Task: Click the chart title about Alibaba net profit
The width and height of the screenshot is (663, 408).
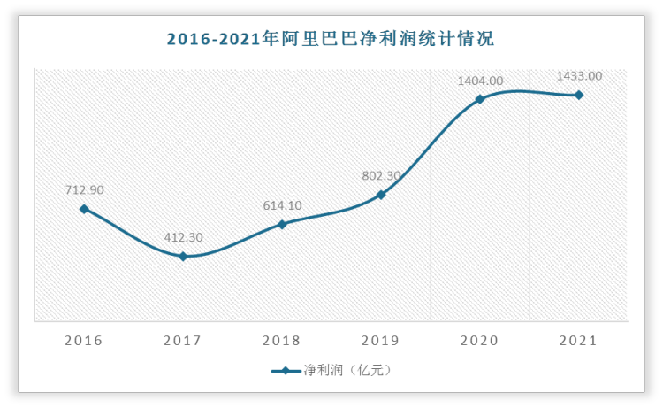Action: (331, 38)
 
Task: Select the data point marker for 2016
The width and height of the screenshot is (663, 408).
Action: (84, 209)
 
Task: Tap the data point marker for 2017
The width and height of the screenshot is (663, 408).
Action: (183, 257)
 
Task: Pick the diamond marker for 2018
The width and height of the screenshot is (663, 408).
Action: (282, 224)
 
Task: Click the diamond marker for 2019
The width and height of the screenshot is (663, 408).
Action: (381, 195)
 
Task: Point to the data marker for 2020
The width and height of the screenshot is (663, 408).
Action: (480, 99)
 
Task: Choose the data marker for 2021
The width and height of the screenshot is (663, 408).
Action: (579, 95)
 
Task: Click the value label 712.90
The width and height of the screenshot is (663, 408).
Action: (84, 190)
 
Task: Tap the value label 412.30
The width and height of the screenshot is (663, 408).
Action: (183, 237)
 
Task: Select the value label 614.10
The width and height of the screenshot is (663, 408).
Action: (282, 205)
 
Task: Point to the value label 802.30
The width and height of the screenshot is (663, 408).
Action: (381, 176)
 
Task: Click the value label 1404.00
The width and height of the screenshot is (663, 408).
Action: (480, 81)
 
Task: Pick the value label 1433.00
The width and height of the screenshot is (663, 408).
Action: (579, 76)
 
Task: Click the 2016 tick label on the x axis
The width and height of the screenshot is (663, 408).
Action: (84, 341)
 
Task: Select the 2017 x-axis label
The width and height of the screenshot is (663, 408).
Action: (183, 341)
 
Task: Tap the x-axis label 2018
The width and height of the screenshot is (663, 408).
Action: (282, 341)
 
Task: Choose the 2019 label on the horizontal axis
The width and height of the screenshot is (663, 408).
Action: (381, 341)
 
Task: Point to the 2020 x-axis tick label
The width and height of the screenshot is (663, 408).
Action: (480, 341)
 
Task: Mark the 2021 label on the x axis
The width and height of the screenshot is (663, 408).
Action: (579, 341)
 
